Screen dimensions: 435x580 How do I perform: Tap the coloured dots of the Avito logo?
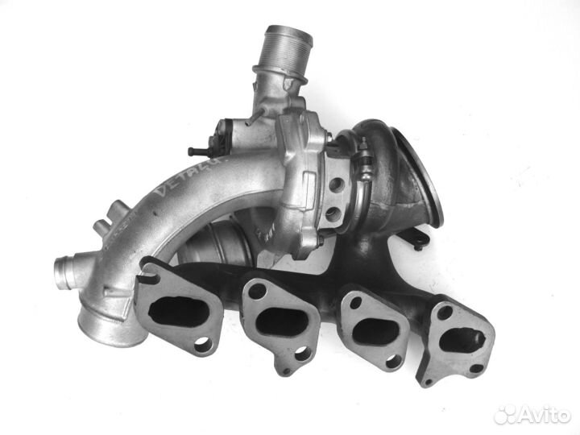505,415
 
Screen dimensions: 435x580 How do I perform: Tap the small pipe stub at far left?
65,266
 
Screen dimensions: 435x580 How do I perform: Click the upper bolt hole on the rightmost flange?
444,313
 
